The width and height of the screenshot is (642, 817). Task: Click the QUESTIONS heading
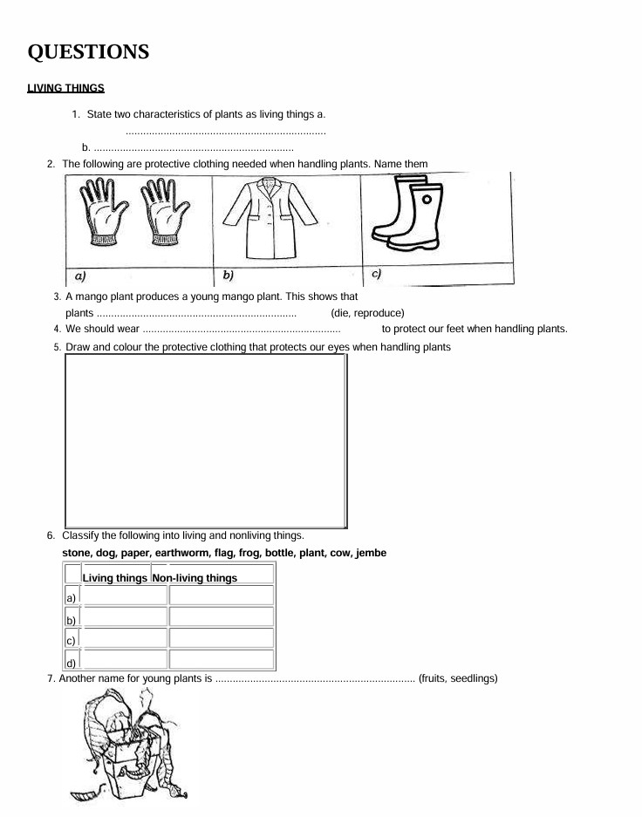(88, 51)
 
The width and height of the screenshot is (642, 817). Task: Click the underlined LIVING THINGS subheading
(65, 88)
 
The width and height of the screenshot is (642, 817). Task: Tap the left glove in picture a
(103, 212)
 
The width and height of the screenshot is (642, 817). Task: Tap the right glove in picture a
(165, 212)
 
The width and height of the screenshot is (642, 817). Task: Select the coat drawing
(270, 217)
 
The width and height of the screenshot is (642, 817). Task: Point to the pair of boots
(408, 212)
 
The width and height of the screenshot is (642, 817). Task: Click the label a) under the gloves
(80, 276)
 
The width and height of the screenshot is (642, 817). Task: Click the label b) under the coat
(228, 276)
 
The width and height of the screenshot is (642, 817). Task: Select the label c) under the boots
(376, 274)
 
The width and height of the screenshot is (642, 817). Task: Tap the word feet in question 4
(456, 329)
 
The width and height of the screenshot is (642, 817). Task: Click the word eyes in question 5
(338, 347)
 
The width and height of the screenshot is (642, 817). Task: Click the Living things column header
(114, 578)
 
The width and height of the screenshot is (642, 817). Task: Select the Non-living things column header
(195, 578)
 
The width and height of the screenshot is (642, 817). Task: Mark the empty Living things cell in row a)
(125, 595)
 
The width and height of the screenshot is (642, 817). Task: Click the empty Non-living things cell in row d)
(222, 659)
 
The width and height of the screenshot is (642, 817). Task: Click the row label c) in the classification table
(71, 641)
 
